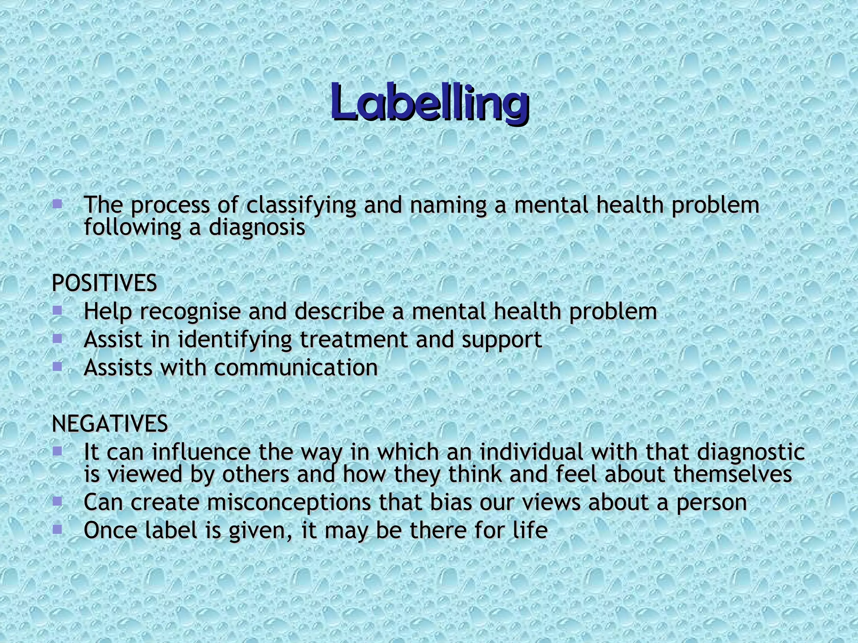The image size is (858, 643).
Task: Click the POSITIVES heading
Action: (104, 283)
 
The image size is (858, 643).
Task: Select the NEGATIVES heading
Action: (110, 424)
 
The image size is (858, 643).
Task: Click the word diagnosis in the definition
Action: (257, 228)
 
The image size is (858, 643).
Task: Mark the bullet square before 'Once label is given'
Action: (57, 530)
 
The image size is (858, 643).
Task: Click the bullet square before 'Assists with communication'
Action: (57, 367)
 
